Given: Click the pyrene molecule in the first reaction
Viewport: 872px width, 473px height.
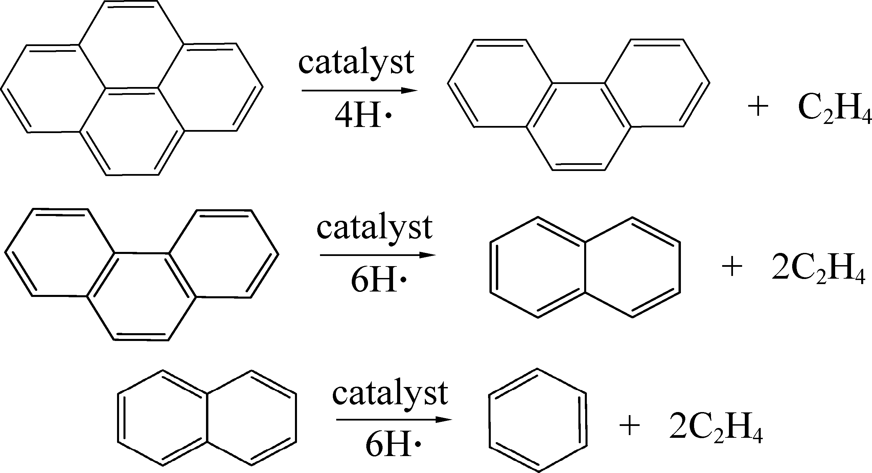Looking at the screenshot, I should (132, 88).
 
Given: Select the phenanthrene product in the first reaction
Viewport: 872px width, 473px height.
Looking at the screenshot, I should (578, 105).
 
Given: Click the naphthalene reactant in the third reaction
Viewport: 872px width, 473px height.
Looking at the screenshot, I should (207, 417).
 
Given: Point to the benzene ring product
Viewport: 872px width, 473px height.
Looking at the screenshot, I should (537, 420).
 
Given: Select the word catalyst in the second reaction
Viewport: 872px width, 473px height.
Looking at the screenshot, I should (374, 227).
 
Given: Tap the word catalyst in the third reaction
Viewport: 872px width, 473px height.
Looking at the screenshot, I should (390, 393).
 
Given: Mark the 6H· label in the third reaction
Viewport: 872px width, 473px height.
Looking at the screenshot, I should (393, 445).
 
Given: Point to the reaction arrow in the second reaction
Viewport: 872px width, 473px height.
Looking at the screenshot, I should (378, 255).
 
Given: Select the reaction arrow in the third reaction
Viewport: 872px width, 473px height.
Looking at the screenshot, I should (394, 420).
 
